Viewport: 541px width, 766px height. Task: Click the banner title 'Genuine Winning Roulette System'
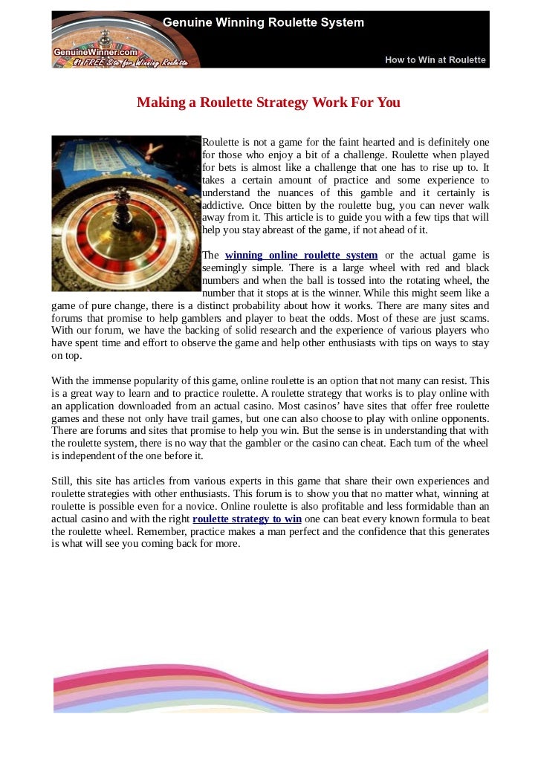pos(264,22)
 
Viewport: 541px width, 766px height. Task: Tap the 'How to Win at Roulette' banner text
pos(435,59)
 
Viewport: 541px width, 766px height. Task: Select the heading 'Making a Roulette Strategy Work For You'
pos(268,103)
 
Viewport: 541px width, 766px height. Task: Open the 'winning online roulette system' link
pos(301,256)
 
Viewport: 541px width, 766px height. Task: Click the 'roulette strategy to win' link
pos(247,519)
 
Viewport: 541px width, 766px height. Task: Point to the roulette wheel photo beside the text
pos(126,213)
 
